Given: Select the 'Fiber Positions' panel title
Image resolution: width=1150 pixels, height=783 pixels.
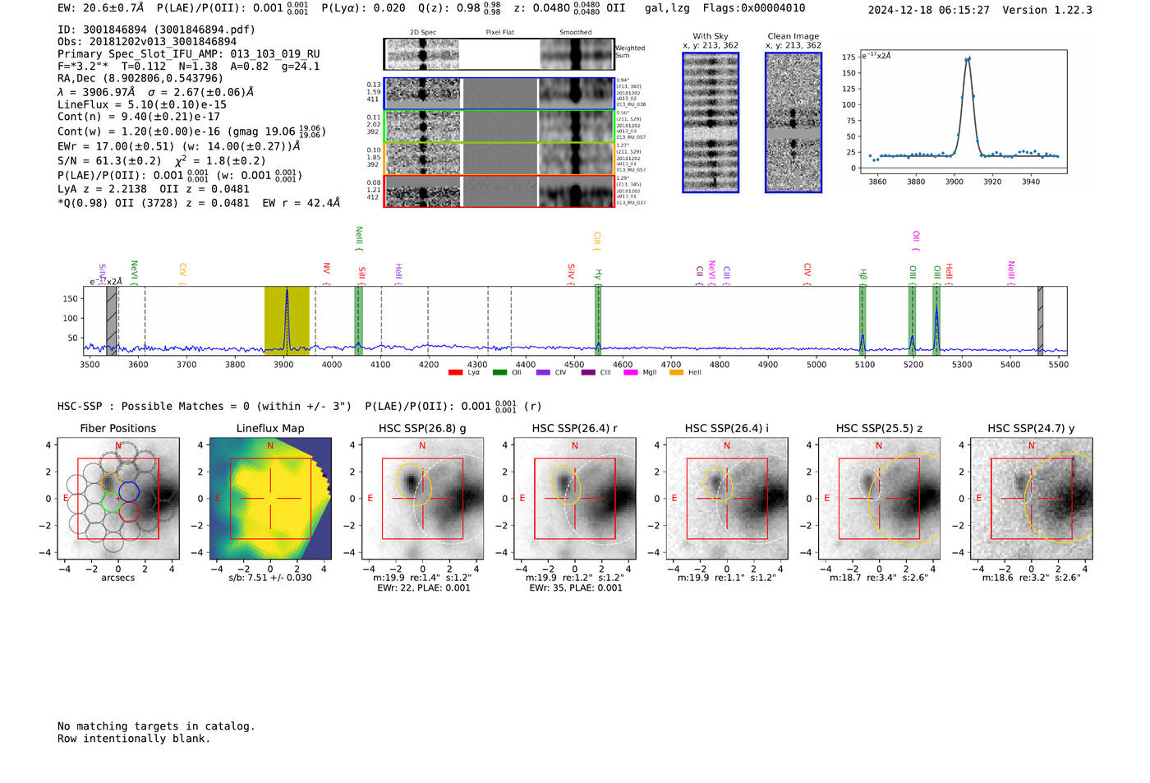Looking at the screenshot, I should tap(117, 428).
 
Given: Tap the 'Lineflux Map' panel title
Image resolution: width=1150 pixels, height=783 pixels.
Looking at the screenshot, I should tap(269, 428).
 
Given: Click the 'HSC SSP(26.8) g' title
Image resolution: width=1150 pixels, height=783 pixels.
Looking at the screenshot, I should tap(422, 428).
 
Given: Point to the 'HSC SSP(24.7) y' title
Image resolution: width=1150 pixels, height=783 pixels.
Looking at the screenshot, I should tap(1031, 428).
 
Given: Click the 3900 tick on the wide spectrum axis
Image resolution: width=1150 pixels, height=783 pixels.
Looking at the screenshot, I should tap(283, 364).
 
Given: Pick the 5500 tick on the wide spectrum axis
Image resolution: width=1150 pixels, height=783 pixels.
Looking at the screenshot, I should tap(1058, 364).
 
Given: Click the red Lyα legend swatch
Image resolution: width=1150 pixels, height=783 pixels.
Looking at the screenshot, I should tap(455, 373).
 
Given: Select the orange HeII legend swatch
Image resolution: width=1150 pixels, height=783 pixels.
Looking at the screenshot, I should tap(676, 373).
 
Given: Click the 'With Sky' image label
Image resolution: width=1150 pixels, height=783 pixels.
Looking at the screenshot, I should tap(710, 36).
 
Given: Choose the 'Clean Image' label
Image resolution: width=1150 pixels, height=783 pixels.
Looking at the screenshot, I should tap(793, 36).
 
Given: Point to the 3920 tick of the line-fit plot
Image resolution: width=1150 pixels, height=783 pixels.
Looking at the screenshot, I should tap(992, 182).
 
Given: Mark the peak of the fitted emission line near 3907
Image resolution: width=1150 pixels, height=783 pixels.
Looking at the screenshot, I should tap(968, 58).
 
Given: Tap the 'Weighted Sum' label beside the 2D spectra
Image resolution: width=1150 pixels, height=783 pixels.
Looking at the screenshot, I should tap(630, 52).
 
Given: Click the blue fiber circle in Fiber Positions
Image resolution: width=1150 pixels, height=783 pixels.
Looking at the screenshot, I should tap(129, 491).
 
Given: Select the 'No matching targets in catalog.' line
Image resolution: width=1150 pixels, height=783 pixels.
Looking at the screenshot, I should tap(156, 726).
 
